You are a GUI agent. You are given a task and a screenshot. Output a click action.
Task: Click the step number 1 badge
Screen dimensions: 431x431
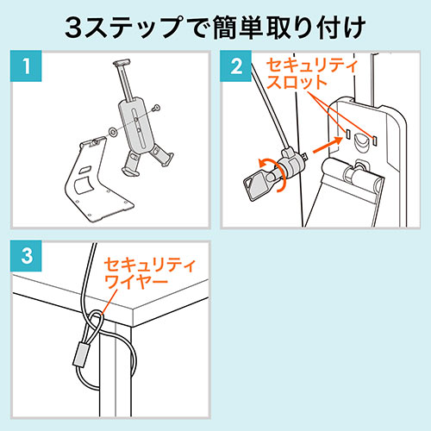pos(26,66)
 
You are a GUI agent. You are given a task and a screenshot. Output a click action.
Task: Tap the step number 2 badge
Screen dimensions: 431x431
pos(236,66)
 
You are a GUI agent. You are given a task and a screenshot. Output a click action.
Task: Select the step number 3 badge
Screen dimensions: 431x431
pos(26,256)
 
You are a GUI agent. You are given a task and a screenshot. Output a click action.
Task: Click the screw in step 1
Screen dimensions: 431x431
pos(157,108)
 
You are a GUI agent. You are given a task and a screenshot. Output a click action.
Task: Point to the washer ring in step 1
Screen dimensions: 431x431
pos(113,132)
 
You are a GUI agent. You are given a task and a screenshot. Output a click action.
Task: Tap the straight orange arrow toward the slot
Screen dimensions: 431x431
pos(328,145)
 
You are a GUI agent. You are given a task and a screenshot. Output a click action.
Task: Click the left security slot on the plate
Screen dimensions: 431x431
pos(347,134)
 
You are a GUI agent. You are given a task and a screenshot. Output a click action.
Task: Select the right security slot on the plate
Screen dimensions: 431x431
pos(374,139)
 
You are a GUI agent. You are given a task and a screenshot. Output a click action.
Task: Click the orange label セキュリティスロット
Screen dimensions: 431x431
pos(312,74)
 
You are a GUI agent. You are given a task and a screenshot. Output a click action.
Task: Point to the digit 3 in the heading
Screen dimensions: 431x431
pos(73,28)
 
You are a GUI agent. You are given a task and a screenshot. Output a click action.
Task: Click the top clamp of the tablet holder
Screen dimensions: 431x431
pos(122,62)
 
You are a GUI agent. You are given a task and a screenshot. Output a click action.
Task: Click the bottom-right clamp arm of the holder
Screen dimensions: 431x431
pos(162,156)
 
